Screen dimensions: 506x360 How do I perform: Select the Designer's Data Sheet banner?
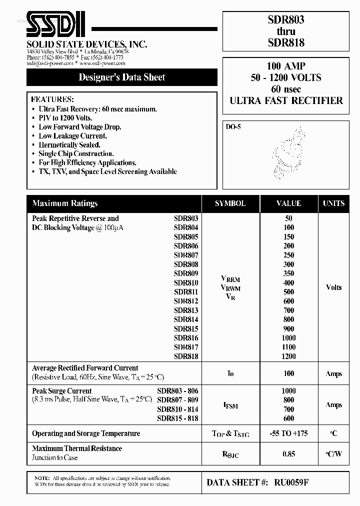[122, 77]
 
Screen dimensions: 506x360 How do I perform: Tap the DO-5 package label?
[233, 127]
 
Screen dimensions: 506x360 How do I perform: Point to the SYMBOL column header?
[230, 203]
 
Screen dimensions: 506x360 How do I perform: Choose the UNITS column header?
[333, 203]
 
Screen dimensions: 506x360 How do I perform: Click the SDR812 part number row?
[186, 301]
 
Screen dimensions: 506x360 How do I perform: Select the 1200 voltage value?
[288, 356]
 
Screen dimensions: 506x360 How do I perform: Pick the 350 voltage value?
[288, 273]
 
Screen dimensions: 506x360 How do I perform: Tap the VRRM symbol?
[230, 279]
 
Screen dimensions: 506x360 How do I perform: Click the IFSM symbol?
[230, 405]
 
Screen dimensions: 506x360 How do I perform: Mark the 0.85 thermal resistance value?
[288, 454]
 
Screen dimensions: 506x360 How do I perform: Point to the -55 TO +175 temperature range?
[288, 433]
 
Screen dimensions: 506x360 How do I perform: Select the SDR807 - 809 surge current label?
[177, 400]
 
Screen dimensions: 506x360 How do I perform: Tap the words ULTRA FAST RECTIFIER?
[286, 100]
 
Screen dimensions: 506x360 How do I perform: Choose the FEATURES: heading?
[52, 99]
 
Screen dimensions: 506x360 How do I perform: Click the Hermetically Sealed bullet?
[69, 145]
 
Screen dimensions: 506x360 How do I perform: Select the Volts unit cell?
[333, 287]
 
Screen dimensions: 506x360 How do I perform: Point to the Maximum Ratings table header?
[65, 203]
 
